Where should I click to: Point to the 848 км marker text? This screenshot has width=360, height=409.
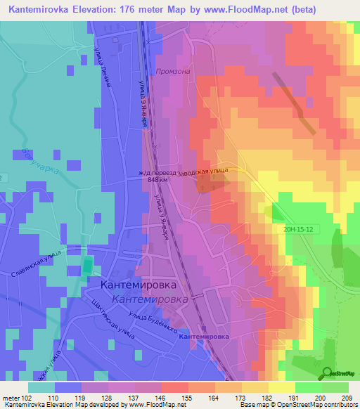157,179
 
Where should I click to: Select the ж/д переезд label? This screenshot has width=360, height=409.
157,171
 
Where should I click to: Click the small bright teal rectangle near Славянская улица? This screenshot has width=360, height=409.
87,266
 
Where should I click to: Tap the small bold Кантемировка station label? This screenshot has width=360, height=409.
205,337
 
